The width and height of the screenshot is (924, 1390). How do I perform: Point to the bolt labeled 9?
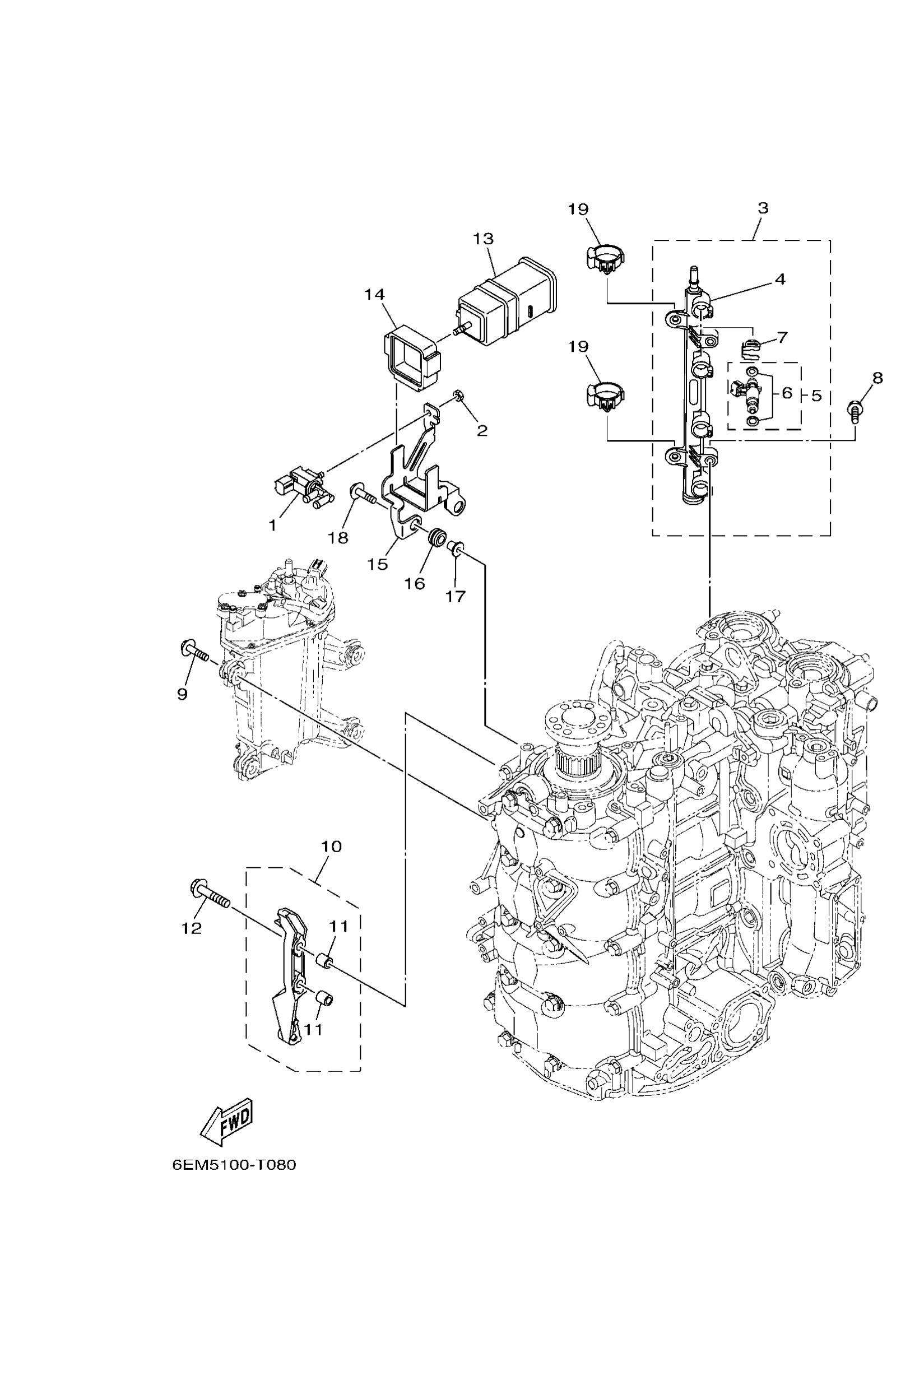(x=194, y=651)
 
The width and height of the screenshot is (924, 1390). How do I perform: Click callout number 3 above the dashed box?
(x=763, y=207)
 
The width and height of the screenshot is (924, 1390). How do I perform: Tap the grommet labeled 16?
(x=437, y=537)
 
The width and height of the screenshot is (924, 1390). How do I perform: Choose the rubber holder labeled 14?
(x=411, y=360)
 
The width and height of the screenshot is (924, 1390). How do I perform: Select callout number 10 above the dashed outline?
(x=331, y=846)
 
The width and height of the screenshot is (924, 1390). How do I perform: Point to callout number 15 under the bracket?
(x=377, y=564)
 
